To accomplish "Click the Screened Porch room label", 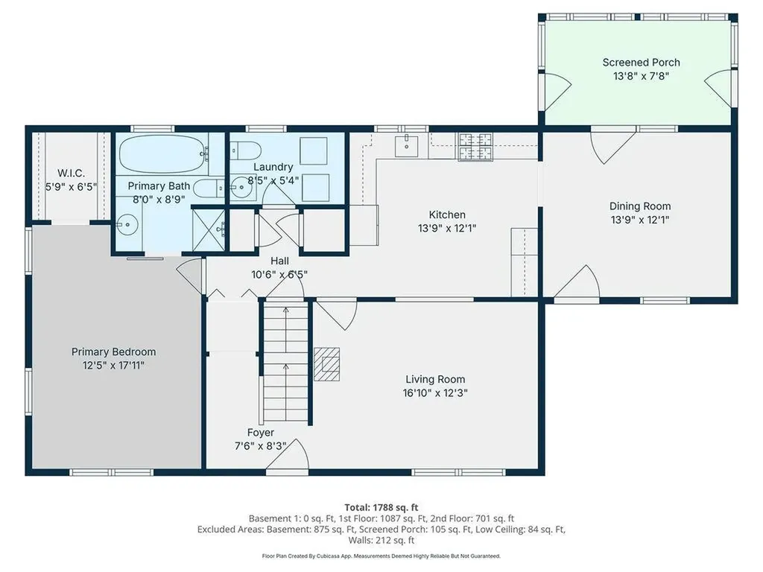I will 641,63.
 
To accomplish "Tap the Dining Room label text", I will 640,206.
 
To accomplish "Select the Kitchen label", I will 447,214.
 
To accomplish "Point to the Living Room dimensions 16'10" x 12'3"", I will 436,393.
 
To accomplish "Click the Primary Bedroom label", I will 113,352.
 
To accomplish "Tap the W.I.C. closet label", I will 71,174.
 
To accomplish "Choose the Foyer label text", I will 261,432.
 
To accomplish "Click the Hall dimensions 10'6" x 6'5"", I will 279,274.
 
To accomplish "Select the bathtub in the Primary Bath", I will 162,155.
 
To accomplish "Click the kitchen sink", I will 407,144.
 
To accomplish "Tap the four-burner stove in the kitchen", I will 475,146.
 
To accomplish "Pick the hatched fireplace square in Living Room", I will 326,363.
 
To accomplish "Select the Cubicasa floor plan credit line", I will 381,556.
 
